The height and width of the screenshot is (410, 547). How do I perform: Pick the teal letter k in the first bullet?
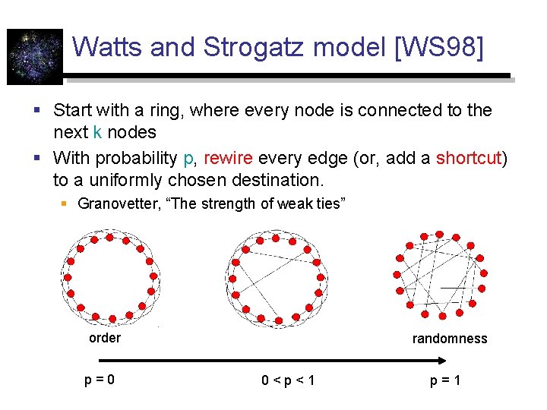97,132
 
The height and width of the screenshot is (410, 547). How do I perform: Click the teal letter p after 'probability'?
188,159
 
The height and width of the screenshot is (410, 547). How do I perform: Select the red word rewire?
229,159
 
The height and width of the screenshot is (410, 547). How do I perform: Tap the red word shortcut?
469,159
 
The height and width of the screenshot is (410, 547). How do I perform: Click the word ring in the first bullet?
168,110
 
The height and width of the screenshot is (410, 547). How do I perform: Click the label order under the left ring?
105,339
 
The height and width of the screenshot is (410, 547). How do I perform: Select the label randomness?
450,339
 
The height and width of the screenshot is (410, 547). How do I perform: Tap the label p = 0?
100,379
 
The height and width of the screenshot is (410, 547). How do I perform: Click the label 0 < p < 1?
288,379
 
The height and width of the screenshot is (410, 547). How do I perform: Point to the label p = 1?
445,379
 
